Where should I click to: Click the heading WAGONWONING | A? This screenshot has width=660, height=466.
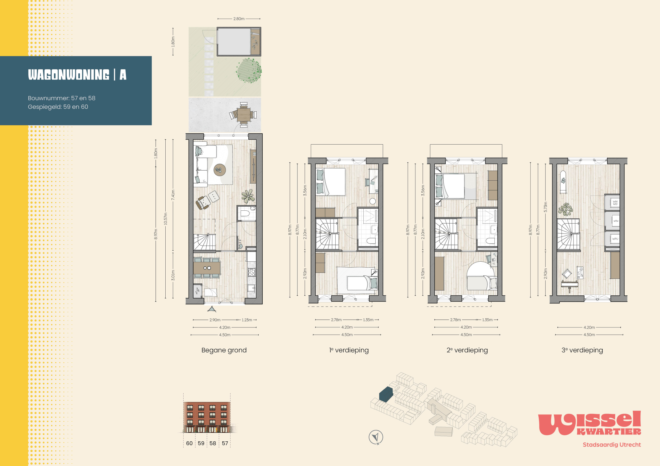pos(77,75)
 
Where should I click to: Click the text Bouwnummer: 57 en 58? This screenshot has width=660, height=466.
pos(62,98)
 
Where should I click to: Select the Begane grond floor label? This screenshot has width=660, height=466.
pos(224,350)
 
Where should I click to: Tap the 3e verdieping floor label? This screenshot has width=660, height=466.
pos(582,350)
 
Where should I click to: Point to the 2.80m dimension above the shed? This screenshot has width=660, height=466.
pos(239,19)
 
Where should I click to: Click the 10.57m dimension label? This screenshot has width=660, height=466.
pos(165,219)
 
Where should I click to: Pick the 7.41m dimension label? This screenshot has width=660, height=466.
pos(173,195)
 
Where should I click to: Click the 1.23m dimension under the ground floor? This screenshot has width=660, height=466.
pos(247,320)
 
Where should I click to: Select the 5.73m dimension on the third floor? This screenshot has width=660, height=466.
pos(545,207)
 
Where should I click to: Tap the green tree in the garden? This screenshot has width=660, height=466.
pos(249,70)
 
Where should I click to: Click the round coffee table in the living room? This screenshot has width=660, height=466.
pos(220,170)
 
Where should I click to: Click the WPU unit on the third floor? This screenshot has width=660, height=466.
pos(615,239)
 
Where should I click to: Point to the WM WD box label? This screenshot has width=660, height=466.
pos(615,203)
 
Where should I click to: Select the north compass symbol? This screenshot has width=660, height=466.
pos(376,437)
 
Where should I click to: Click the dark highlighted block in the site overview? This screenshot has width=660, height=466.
pos(386,394)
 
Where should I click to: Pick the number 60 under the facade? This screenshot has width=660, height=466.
pos(189,443)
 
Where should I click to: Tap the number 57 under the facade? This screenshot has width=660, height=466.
pos(225,443)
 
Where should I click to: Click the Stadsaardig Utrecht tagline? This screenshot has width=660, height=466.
pos(612,445)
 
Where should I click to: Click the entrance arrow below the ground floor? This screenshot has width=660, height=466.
pos(212,309)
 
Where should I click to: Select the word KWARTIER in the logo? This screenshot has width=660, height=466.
pos(609,432)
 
